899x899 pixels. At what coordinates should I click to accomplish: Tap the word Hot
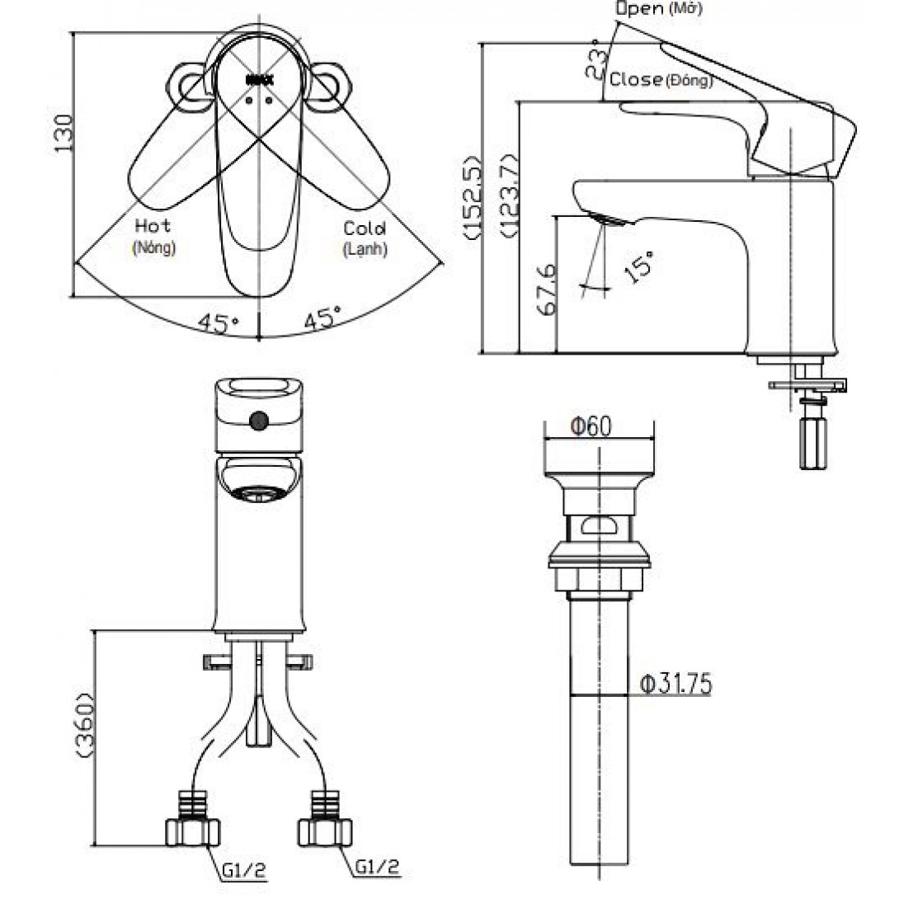click(x=153, y=226)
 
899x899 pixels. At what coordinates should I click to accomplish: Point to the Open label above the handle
click(x=639, y=9)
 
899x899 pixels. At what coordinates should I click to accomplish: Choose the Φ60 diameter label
click(x=591, y=426)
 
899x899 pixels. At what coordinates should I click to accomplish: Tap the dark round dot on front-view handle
click(x=260, y=421)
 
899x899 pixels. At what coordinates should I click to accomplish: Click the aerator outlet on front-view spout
click(x=260, y=494)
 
